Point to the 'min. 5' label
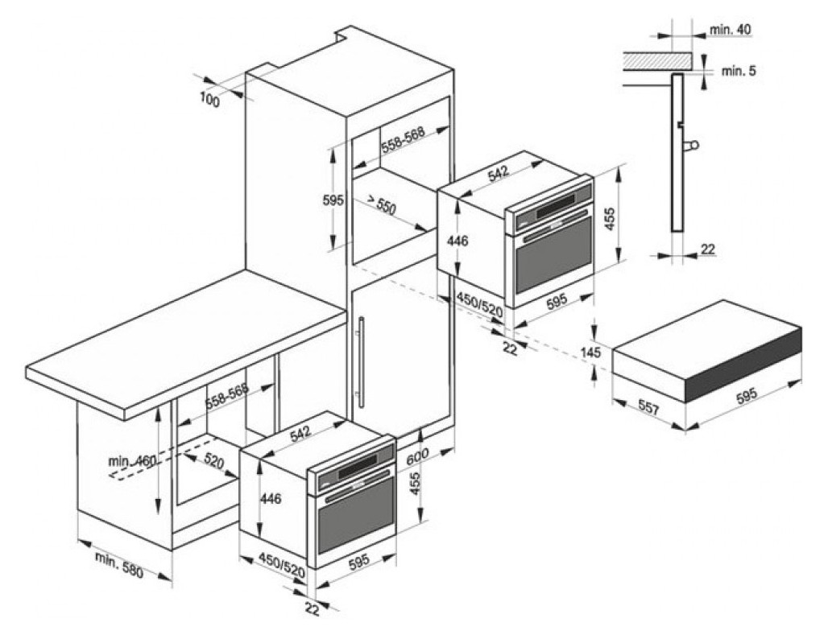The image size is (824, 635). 738,71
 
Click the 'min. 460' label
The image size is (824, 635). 131,462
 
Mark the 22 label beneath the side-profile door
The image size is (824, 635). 707,250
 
